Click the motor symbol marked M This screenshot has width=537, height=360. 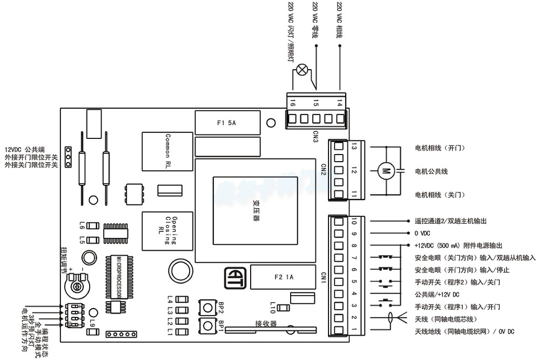[x=386, y=171]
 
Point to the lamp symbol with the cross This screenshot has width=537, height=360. [x=304, y=69]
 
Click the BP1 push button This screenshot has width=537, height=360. [x=207, y=325]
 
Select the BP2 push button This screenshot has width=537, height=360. [x=207, y=306]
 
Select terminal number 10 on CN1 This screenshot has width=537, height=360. [x=354, y=222]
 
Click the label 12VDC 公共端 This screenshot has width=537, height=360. [x=25, y=149]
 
